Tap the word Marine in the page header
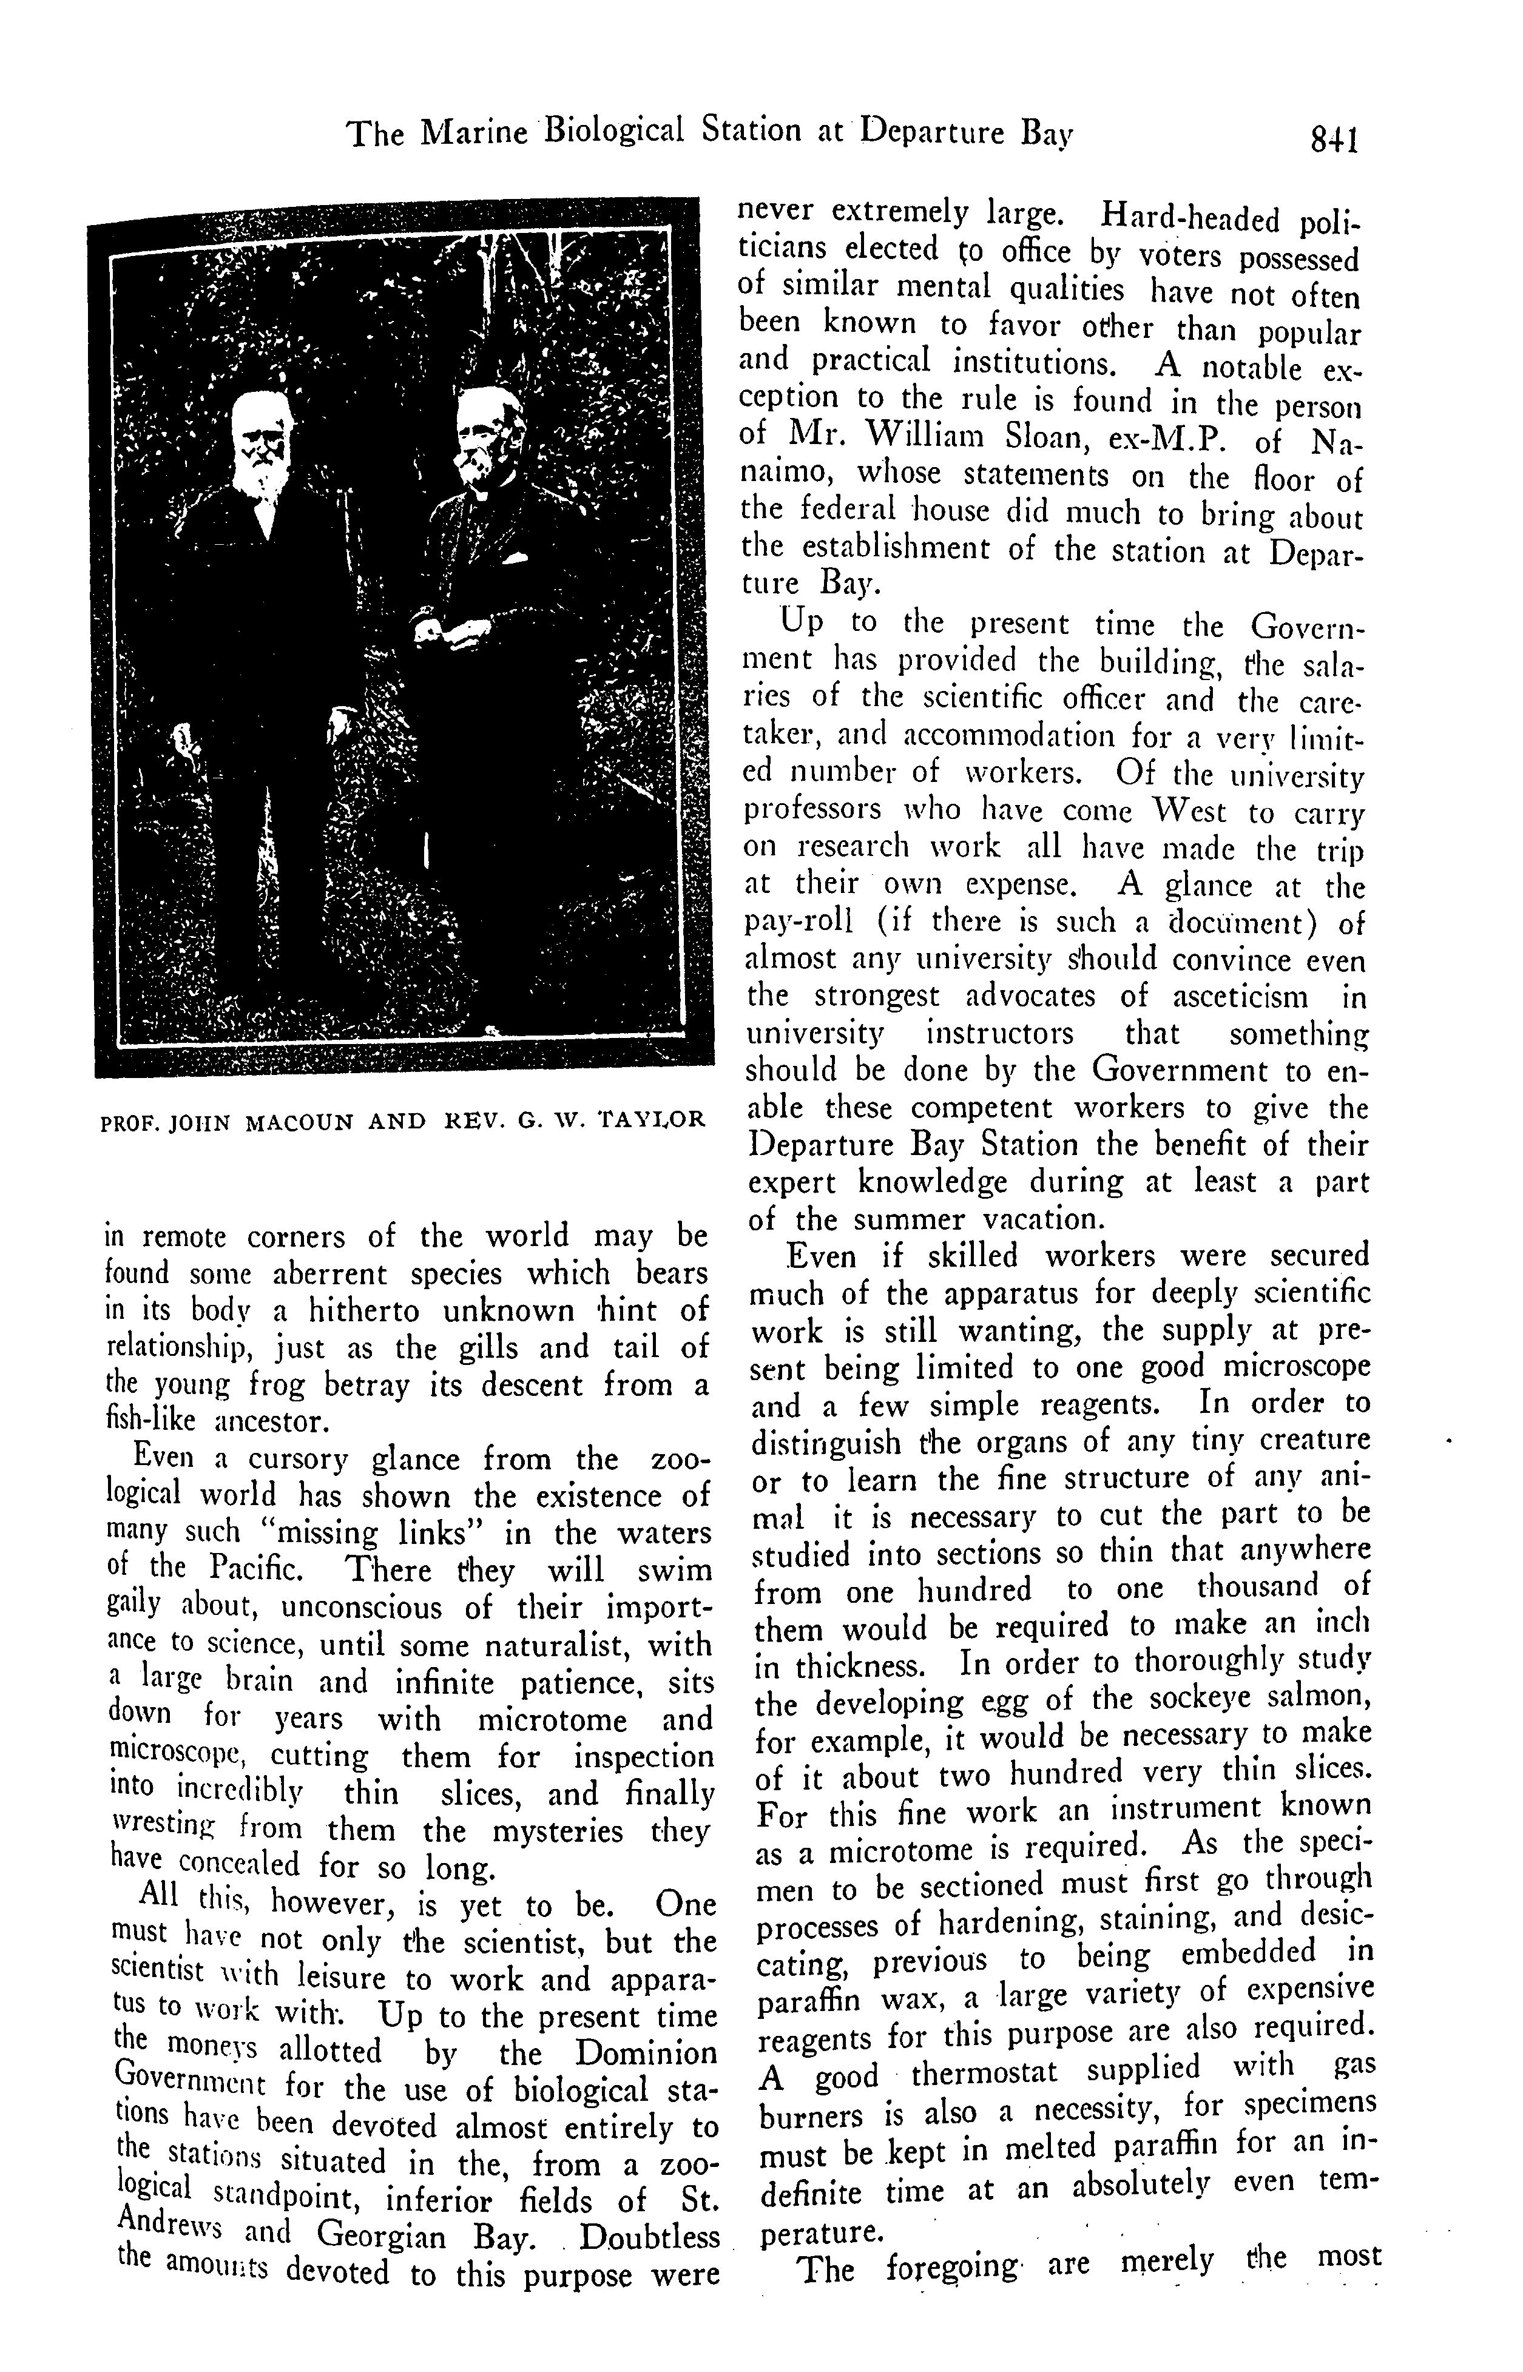click(x=473, y=132)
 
